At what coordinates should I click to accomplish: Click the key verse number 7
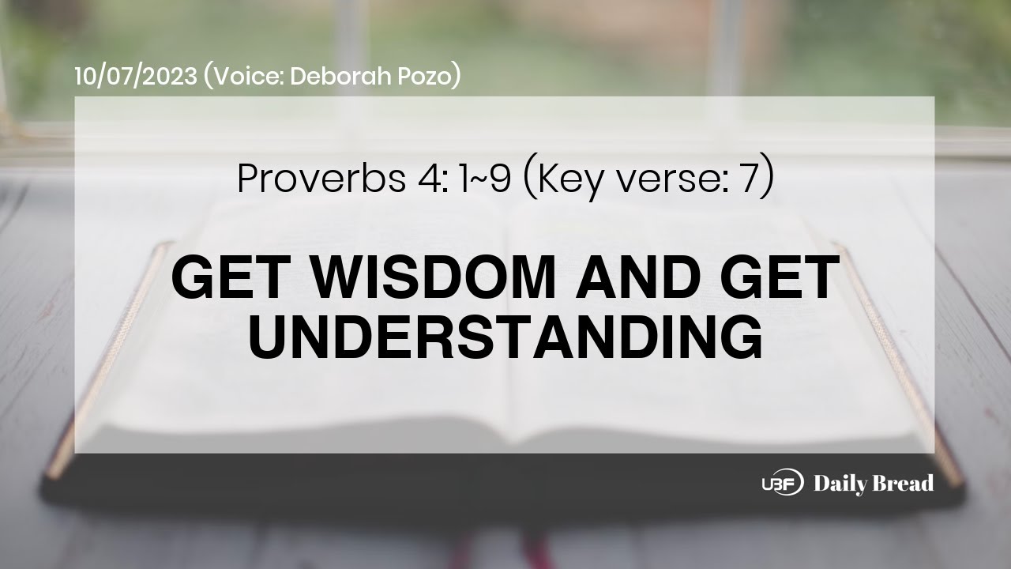tap(745, 180)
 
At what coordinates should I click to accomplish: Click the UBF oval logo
tap(782, 482)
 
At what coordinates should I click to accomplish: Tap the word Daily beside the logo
tap(840, 484)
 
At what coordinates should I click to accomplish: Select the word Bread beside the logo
tap(904, 484)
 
